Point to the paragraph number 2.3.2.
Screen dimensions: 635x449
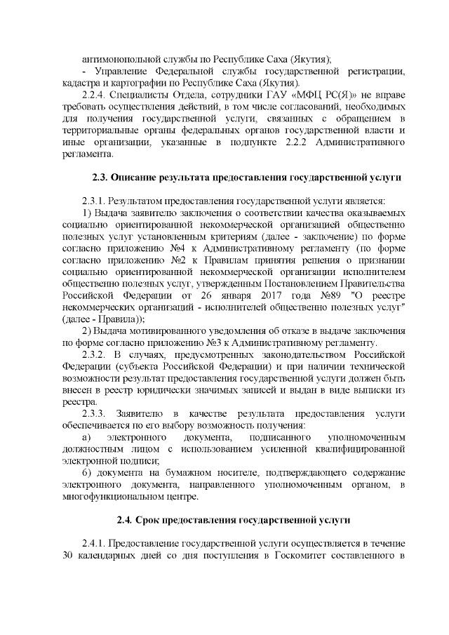tap(95, 355)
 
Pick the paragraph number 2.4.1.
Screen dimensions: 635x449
tap(95, 544)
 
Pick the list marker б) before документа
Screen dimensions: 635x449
tap(88, 474)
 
